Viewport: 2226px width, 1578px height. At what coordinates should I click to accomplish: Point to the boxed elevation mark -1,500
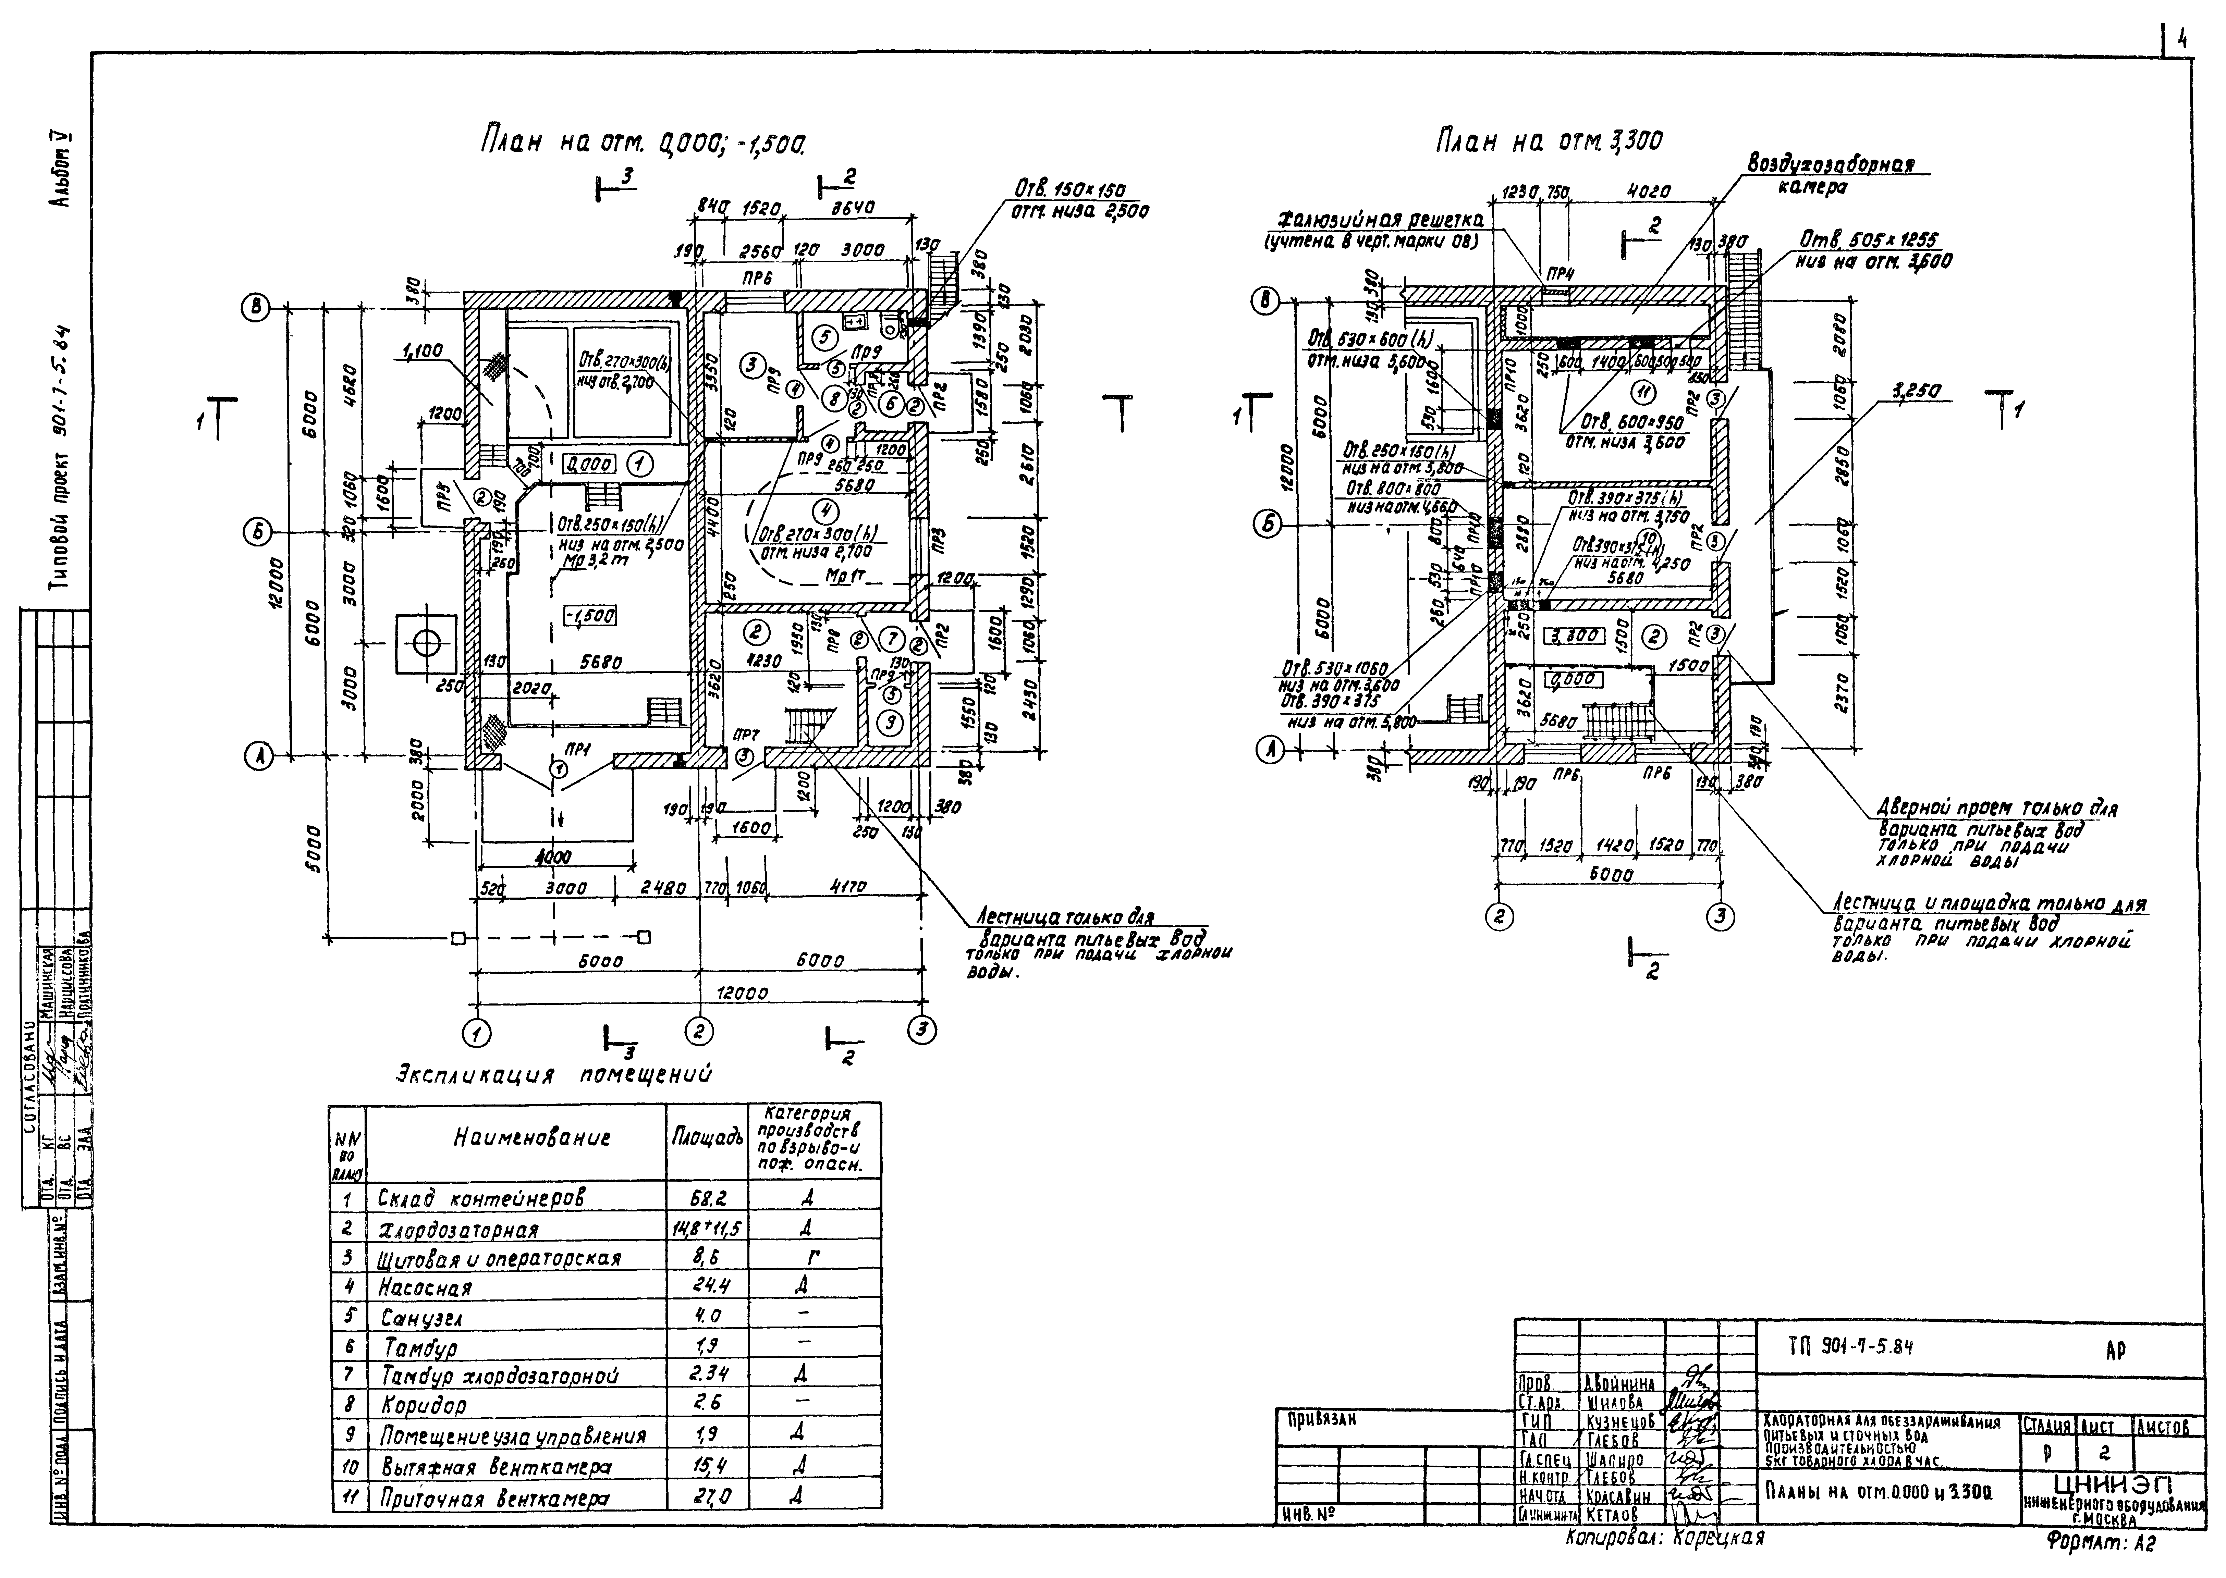tap(589, 616)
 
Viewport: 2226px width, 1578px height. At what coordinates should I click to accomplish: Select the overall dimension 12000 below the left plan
tap(742, 993)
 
